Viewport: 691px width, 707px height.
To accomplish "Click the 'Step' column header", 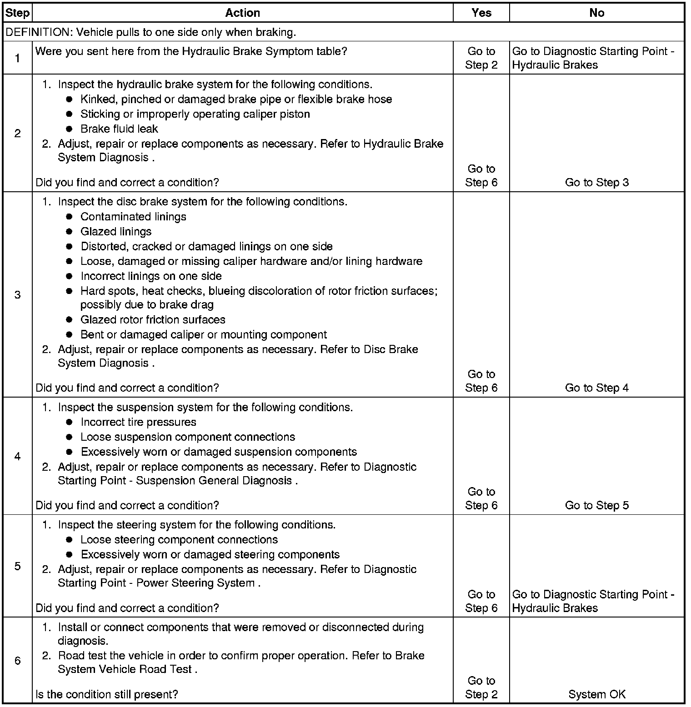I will [x=17, y=13].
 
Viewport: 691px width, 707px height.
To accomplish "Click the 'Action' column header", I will [x=242, y=13].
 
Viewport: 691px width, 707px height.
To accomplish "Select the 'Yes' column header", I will [x=481, y=13].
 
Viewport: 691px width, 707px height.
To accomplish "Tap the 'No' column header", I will [x=596, y=13].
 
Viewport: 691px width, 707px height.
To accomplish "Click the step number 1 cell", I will [x=17, y=58].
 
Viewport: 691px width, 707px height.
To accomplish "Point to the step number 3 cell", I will [x=17, y=295].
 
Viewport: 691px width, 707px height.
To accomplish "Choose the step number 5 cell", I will [x=17, y=566].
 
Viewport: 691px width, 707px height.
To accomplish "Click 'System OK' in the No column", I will [x=596, y=694].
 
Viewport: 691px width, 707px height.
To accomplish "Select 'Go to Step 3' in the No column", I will [x=596, y=183].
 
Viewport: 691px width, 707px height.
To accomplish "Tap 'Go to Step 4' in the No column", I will [x=596, y=388].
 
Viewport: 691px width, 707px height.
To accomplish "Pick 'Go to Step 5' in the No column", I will [x=596, y=506].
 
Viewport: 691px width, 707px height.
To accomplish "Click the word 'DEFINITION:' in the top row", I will [x=40, y=32].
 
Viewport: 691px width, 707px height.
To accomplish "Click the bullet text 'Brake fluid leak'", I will [x=119, y=129].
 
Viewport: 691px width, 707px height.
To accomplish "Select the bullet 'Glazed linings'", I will [x=116, y=232].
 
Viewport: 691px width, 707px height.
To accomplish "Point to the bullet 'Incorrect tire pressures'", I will [x=138, y=422].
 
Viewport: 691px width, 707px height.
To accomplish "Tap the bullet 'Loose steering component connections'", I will [x=179, y=540].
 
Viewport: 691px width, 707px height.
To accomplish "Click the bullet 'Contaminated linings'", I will [x=133, y=217].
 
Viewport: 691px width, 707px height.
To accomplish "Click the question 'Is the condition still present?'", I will [x=106, y=694].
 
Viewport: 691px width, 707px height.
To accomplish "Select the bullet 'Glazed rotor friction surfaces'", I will [x=153, y=320].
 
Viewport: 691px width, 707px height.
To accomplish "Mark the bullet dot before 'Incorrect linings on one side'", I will [x=69, y=276].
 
